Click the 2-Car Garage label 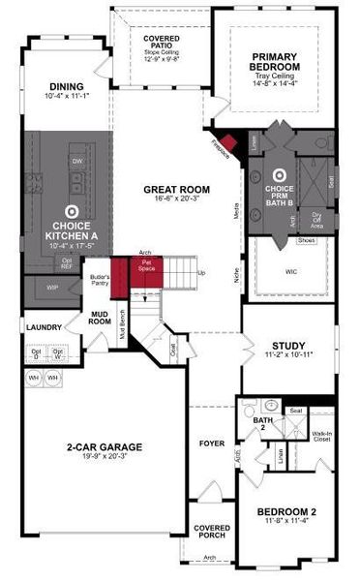105,446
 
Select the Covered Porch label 212,532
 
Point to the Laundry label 45,327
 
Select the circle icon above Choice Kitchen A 70,210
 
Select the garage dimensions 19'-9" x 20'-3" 105,458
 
